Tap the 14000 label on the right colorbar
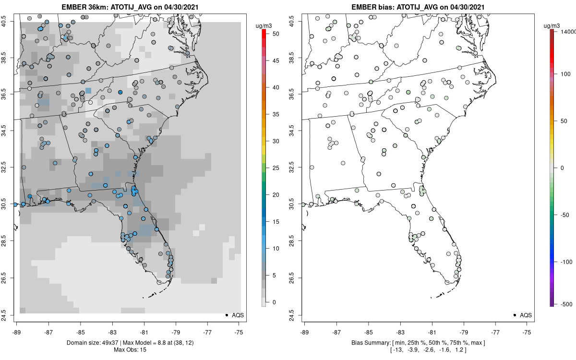point(567,31)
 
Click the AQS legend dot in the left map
point(226,315)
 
